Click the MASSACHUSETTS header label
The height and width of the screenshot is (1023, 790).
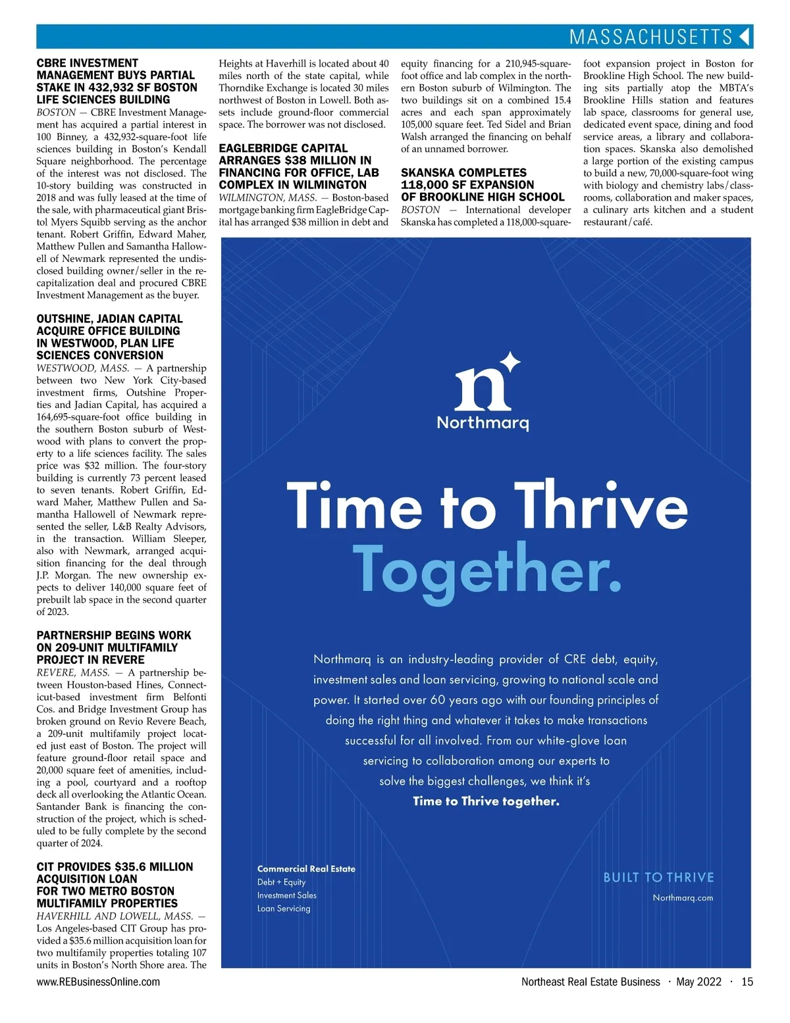pyautogui.click(x=650, y=37)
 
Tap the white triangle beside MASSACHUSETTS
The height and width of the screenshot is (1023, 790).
pyautogui.click(x=745, y=37)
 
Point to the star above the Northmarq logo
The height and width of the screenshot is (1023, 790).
pyautogui.click(x=510, y=362)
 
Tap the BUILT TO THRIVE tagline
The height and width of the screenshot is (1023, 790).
pyautogui.click(x=658, y=878)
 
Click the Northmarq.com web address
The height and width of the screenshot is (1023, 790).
pyautogui.click(x=683, y=898)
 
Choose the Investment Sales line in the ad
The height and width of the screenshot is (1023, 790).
pyautogui.click(x=287, y=895)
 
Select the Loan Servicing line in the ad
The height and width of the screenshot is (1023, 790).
pyautogui.click(x=284, y=909)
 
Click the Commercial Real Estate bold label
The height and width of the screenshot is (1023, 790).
pyautogui.click(x=306, y=869)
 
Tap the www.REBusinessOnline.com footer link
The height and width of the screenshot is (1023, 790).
pyautogui.click(x=98, y=982)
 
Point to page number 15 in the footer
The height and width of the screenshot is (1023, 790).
pyautogui.click(x=747, y=982)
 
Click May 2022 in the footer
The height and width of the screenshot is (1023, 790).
pyautogui.click(x=699, y=982)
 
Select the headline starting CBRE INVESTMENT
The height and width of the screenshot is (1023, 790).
pyautogui.click(x=117, y=81)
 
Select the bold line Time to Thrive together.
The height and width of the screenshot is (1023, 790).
pyautogui.click(x=486, y=801)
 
